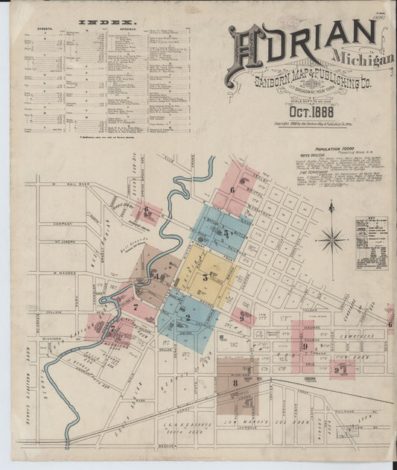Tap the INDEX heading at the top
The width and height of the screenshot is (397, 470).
(x=107, y=23)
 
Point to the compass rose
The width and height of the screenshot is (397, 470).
(x=331, y=239)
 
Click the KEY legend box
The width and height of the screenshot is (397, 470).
(x=371, y=243)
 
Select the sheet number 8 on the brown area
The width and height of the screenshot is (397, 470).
(x=235, y=384)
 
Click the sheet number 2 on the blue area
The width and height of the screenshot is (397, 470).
(x=188, y=317)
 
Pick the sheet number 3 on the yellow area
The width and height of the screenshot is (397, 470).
(x=205, y=276)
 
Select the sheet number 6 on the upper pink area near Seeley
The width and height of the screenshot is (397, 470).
(x=232, y=190)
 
